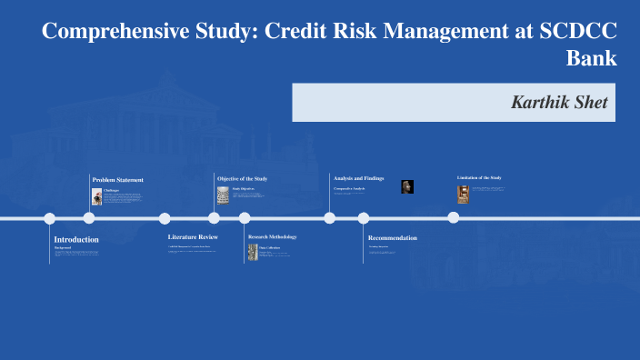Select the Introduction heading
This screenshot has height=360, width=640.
76,239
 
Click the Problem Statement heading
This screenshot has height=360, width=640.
117,180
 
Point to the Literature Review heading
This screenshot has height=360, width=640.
193,237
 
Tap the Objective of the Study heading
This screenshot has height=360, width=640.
242,178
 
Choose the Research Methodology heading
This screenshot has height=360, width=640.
273,236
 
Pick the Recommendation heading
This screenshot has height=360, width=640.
393,237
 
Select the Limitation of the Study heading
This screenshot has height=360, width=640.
479,177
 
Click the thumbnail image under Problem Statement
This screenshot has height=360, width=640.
96,196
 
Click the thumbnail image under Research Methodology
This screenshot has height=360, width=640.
253,253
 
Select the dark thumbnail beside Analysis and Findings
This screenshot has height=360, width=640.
407,186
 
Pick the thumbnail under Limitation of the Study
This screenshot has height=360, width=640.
463,194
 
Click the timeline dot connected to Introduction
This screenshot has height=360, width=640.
50,218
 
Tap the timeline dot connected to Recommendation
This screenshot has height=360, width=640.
364,218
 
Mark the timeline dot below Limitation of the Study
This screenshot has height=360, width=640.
453,217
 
